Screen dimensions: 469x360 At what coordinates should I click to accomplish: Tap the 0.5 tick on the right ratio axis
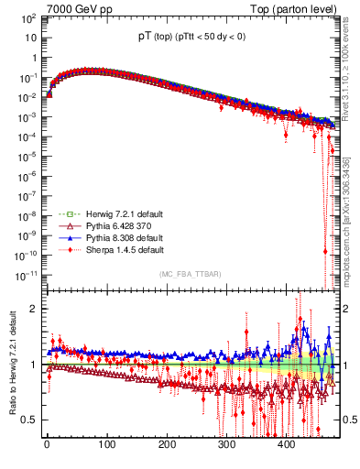(349, 420)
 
